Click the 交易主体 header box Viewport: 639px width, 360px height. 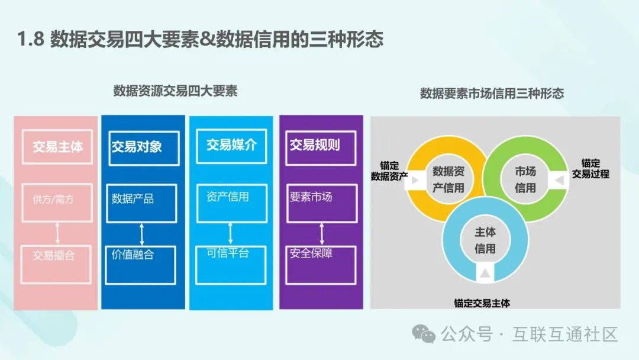pyautogui.click(x=57, y=147)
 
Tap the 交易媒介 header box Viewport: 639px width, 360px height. pyautogui.click(x=231, y=146)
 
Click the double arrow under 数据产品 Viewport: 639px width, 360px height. pyautogui.click(x=142, y=234)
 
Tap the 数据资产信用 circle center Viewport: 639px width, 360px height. pyautogui.click(x=448, y=179)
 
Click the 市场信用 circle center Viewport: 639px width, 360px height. pyautogui.click(x=525, y=179)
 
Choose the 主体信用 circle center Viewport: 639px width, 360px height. pyautogui.click(x=485, y=240)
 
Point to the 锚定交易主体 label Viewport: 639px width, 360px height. pyautogui.click(x=482, y=303)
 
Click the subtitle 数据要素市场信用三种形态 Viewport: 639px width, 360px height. pyautogui.click(x=492, y=93)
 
